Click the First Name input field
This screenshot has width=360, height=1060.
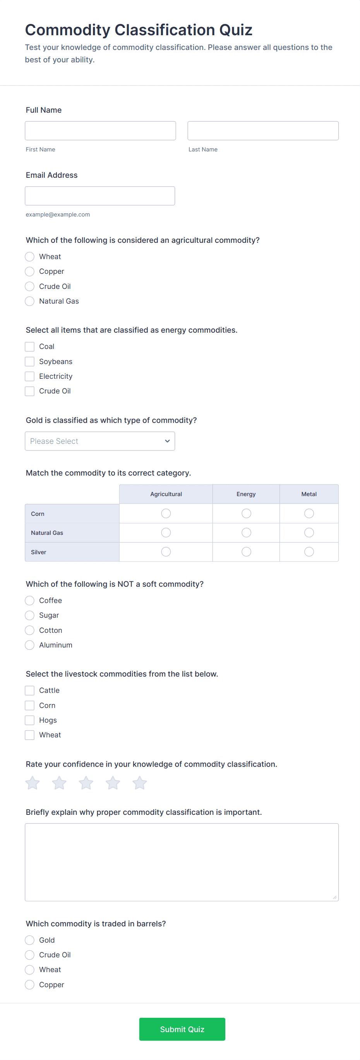click(100, 131)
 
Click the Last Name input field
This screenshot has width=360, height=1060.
click(262, 131)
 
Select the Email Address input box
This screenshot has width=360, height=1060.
click(99, 196)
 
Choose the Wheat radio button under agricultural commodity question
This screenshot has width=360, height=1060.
click(30, 257)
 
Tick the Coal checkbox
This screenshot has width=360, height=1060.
click(30, 347)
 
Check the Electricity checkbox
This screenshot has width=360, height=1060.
click(30, 376)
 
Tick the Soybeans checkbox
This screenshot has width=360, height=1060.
click(30, 361)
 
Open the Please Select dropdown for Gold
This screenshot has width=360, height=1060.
click(99, 441)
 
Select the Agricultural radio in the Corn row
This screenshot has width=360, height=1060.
click(166, 513)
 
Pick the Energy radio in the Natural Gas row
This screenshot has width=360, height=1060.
click(246, 533)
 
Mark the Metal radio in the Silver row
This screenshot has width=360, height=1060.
click(309, 552)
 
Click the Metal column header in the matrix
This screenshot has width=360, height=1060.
click(309, 494)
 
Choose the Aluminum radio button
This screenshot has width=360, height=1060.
click(30, 645)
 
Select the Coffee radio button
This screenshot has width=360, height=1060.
click(30, 600)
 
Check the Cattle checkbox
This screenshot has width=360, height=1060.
click(30, 690)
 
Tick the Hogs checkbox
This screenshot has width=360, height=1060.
click(30, 720)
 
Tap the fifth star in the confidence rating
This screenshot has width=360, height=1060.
click(139, 783)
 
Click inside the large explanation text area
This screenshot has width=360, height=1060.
click(182, 862)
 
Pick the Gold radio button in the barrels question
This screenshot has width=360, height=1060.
click(30, 940)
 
